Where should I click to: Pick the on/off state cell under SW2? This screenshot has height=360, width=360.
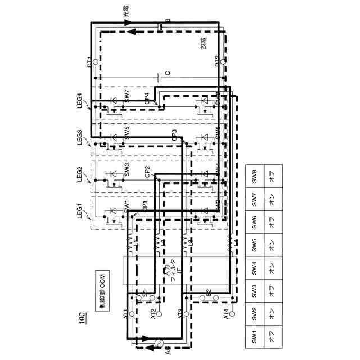[x=273, y=314]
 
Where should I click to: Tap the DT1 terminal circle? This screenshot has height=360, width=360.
[x=95, y=61]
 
